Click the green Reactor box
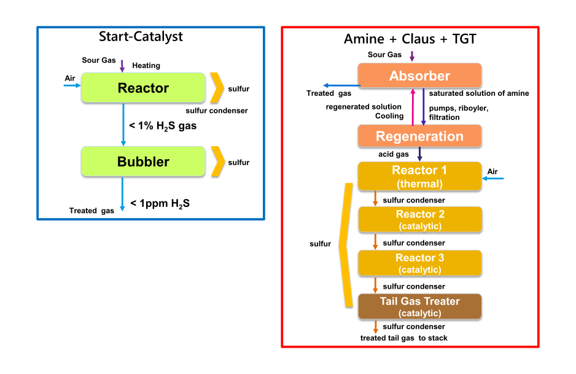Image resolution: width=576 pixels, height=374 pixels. point(143,88)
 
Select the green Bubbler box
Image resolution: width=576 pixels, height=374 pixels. point(143,162)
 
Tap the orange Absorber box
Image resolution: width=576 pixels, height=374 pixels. point(419,76)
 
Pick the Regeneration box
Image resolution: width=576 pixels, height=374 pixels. point(419,136)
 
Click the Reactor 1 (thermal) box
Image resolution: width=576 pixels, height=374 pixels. point(419,176)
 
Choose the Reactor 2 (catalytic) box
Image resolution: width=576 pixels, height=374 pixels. point(419,220)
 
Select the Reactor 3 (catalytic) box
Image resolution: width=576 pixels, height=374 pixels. point(419,263)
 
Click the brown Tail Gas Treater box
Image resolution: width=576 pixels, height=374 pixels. point(419,306)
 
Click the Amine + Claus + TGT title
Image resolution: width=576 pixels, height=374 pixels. point(410,39)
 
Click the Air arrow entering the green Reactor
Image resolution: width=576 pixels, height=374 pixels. point(72,86)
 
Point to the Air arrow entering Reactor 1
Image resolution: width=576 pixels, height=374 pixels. point(493,179)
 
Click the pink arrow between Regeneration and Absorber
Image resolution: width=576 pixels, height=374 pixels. point(413,106)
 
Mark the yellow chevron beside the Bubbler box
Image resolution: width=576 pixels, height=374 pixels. point(216,162)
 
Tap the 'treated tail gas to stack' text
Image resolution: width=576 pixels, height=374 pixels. point(403,338)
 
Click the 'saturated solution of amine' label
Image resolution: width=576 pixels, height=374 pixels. point(478,93)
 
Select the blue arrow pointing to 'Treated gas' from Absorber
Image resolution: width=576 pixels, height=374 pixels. point(341,85)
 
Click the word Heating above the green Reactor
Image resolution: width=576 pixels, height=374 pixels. point(146,66)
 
